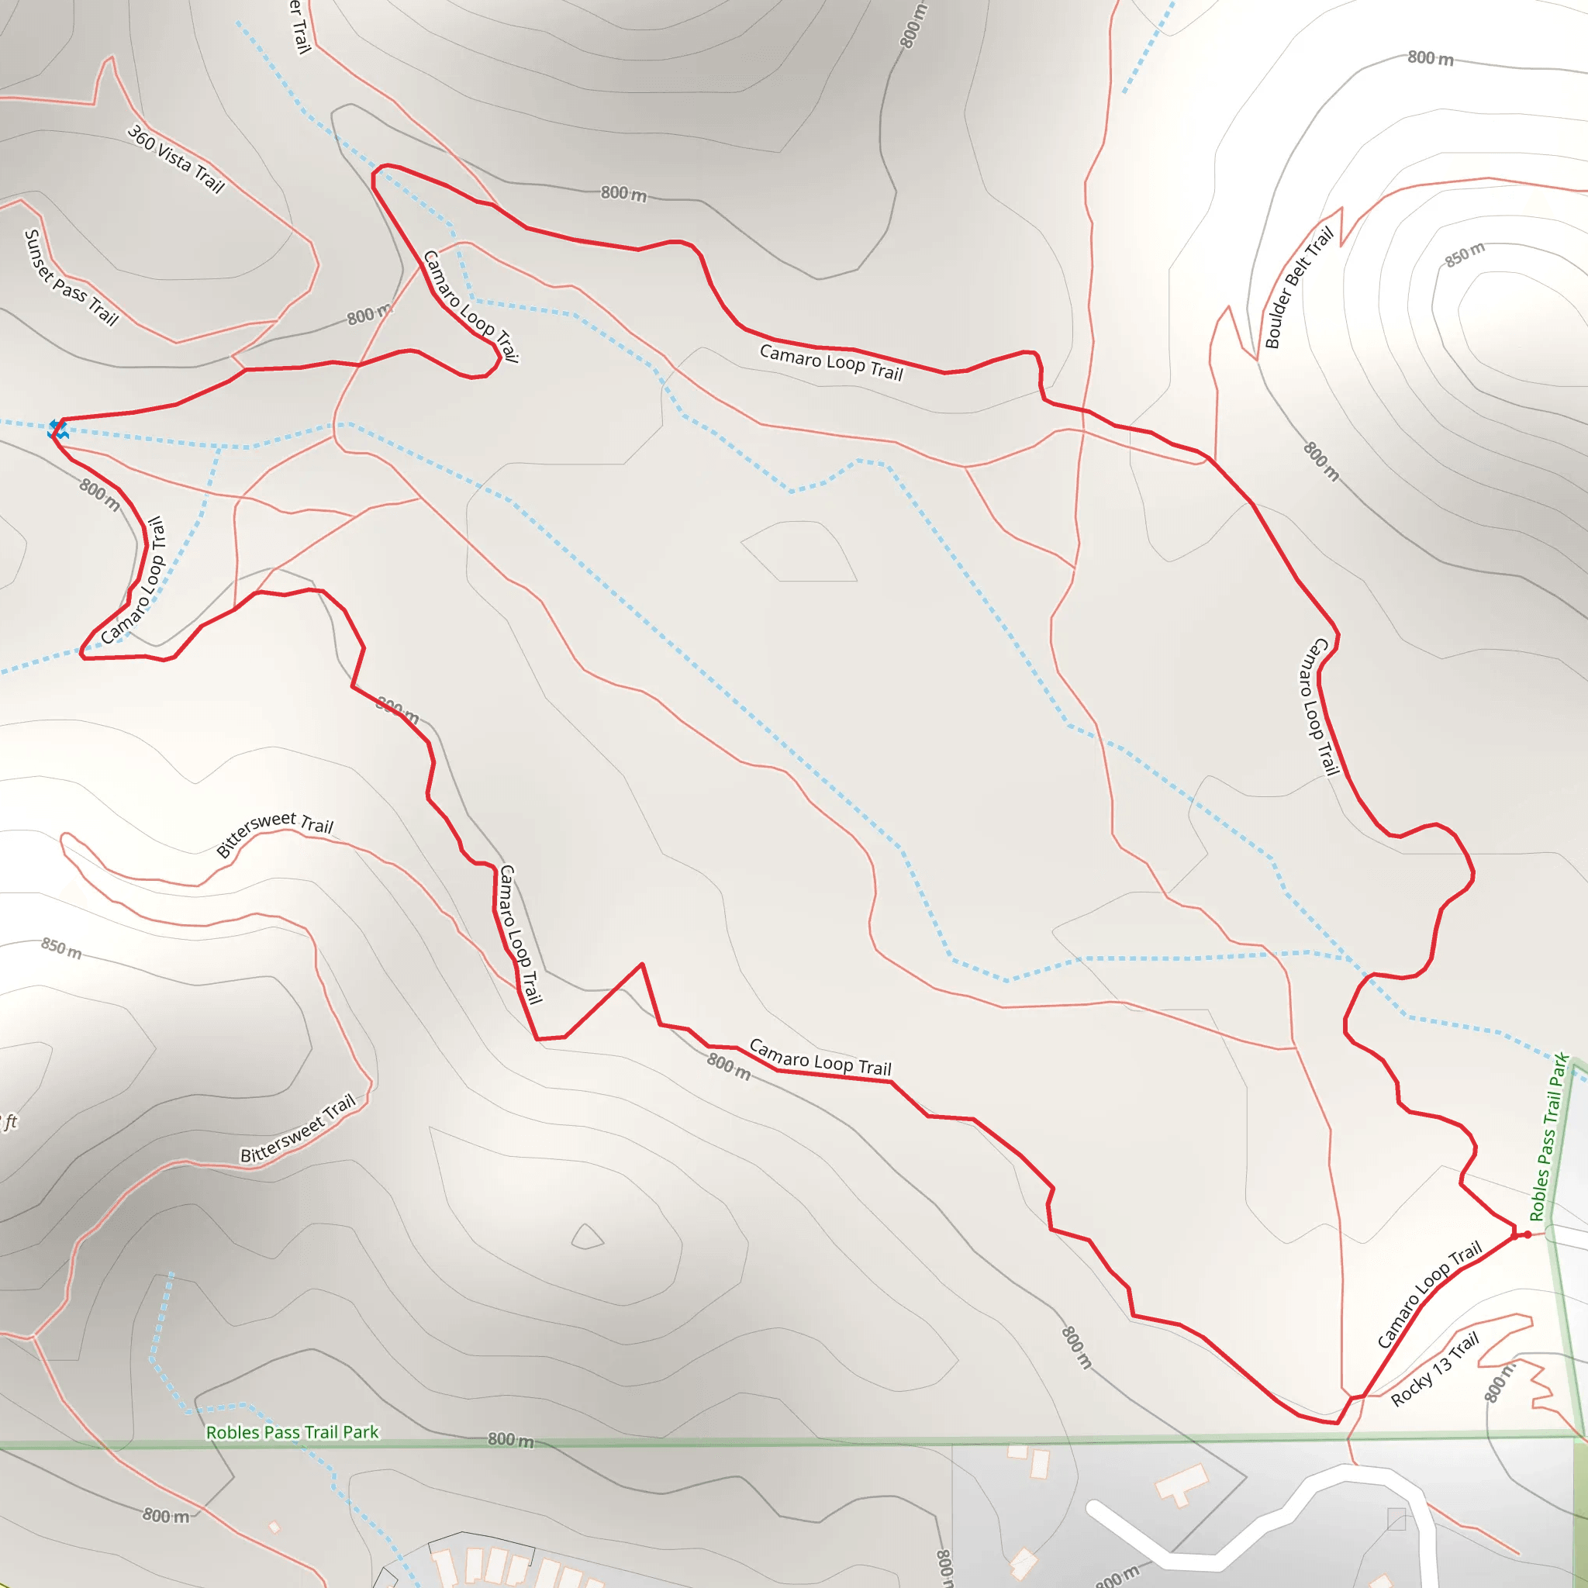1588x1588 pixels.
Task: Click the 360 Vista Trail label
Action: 176,159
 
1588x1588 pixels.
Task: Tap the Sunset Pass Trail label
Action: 71,277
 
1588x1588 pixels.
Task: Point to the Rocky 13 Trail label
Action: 1434,1369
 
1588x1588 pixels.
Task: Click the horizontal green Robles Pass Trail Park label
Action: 292,1432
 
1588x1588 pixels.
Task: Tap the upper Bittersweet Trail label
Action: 274,833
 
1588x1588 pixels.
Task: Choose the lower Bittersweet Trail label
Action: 298,1127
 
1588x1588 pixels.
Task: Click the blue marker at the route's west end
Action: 57,428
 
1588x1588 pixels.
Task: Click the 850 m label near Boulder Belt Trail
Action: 1465,255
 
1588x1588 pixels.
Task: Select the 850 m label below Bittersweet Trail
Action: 62,948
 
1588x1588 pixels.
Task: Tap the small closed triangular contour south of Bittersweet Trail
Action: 587,1237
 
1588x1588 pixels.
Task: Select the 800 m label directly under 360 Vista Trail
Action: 369,315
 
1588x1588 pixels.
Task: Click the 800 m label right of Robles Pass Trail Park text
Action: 510,1439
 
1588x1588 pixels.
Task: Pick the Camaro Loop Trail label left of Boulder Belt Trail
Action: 831,362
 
